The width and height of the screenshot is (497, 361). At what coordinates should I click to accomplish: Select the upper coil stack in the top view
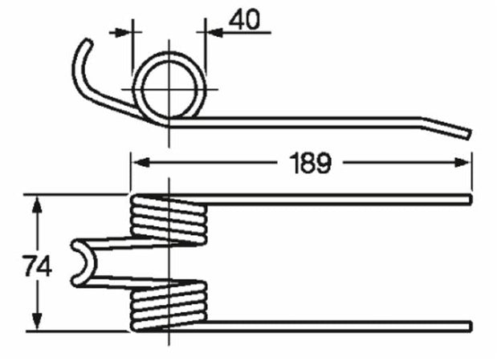167,218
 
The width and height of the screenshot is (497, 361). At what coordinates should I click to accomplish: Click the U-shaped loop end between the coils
80,263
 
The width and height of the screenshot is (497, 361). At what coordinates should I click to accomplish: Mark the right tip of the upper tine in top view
469,198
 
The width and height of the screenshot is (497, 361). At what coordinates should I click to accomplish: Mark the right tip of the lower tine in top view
469,325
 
